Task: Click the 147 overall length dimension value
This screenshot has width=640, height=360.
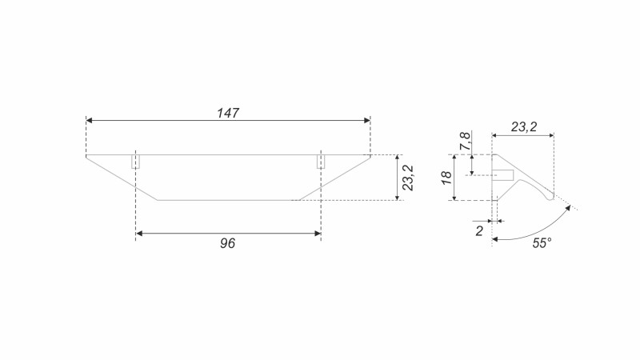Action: click(x=228, y=113)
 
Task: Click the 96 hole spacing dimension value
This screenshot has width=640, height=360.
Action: click(x=227, y=243)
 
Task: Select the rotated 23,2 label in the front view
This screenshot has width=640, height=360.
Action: click(x=408, y=178)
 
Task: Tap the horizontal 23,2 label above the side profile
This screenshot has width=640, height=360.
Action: click(x=524, y=127)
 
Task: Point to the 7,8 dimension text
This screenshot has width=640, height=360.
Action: click(x=466, y=142)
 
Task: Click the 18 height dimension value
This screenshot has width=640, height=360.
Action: click(x=446, y=178)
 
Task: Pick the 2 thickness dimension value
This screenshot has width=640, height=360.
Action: click(x=479, y=231)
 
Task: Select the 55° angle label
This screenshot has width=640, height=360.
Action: click(x=542, y=243)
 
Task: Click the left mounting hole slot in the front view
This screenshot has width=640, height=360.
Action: click(x=135, y=162)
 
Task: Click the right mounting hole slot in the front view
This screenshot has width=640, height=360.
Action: click(x=322, y=162)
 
